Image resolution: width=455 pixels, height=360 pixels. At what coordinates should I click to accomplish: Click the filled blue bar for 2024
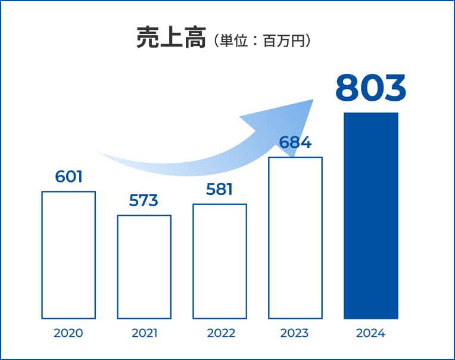click(x=370, y=215)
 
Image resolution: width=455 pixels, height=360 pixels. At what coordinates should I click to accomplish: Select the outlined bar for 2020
click(x=68, y=255)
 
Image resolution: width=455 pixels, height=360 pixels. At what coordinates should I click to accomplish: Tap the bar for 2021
click(x=144, y=266)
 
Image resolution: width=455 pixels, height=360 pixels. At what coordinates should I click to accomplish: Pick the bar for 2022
click(x=220, y=261)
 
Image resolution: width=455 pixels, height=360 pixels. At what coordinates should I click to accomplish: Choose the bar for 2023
click(x=295, y=238)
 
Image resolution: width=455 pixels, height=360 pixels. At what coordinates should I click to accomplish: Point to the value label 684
click(x=295, y=143)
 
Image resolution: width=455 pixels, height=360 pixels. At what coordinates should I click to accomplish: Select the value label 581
click(x=220, y=190)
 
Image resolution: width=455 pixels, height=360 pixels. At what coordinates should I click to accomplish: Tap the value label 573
click(x=144, y=201)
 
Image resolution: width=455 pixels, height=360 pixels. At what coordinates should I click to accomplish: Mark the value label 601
click(x=68, y=176)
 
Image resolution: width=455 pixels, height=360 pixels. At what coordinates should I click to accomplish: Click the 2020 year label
click(x=68, y=333)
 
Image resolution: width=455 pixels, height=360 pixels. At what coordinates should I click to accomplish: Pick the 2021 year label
click(x=144, y=333)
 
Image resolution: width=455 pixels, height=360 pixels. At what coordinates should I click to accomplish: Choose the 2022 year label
click(x=220, y=333)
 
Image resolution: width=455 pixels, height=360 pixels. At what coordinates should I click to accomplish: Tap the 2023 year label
click(x=295, y=333)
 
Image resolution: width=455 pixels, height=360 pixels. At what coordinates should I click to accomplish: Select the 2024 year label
click(x=370, y=333)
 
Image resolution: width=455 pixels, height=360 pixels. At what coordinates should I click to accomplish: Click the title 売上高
click(x=172, y=38)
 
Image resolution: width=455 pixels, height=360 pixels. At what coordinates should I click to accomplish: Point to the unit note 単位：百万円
click(x=261, y=41)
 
